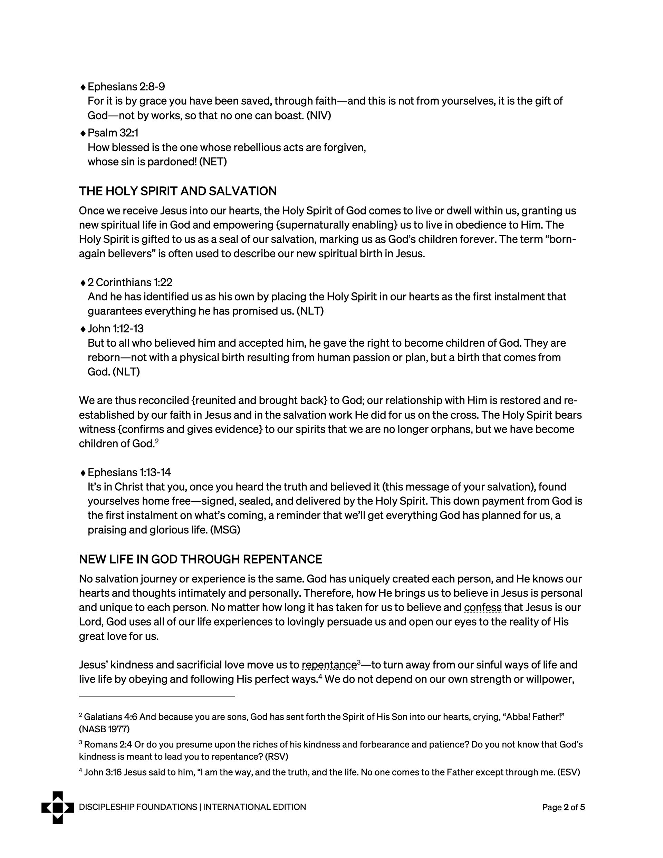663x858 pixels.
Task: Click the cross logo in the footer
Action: [57, 807]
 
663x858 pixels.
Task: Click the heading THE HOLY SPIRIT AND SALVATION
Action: [177, 191]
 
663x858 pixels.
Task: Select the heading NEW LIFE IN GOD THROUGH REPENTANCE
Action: [200, 559]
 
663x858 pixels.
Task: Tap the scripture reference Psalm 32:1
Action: [113, 133]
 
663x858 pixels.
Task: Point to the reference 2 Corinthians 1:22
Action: [130, 282]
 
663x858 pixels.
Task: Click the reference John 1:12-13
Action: [116, 328]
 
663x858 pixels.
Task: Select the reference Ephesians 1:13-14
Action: [129, 472]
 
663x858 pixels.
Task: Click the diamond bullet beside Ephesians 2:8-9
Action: [83, 87]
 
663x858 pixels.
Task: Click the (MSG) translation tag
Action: [225, 530]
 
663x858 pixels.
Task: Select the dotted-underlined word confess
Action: [483, 608]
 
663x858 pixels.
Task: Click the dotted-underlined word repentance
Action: [329, 665]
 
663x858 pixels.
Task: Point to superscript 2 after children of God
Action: [156, 441]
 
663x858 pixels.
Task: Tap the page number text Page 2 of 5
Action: [563, 807]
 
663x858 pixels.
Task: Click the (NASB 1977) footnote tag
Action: [104, 729]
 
